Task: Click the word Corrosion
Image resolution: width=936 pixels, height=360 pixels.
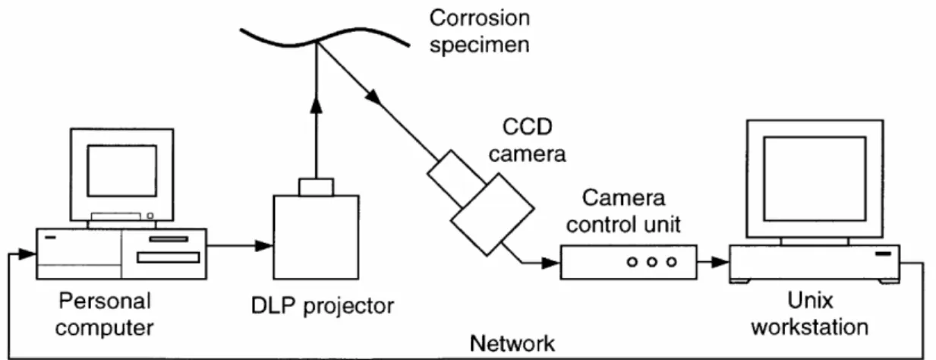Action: pos(480,18)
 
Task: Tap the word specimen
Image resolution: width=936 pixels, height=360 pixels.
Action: pos(480,45)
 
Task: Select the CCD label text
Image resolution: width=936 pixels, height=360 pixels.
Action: pos(528,127)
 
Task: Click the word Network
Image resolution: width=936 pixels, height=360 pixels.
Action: pos(512,344)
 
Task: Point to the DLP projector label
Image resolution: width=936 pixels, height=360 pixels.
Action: pos(322,305)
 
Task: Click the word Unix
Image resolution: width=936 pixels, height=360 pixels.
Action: pos(810,300)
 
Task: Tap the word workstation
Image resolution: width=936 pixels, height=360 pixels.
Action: pos(810,327)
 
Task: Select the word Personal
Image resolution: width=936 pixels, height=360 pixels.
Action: pos(105,301)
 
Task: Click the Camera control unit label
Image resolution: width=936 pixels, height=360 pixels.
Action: pos(623,211)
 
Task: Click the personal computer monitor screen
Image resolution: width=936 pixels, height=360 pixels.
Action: pos(122,171)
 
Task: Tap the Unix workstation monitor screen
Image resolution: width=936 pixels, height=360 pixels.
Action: pos(815,178)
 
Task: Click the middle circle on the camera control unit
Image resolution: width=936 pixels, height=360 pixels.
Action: pos(652,262)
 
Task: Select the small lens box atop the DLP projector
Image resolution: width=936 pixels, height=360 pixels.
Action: pos(317,188)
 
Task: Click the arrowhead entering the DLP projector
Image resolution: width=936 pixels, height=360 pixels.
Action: pos(264,246)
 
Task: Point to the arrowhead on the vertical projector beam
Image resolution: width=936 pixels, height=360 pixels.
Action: pos(317,105)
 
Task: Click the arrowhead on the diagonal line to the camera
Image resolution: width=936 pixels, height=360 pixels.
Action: pos(373,97)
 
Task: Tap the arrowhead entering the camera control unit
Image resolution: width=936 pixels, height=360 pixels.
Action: pos(550,263)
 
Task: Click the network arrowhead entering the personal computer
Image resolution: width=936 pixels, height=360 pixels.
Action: pos(27,254)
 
